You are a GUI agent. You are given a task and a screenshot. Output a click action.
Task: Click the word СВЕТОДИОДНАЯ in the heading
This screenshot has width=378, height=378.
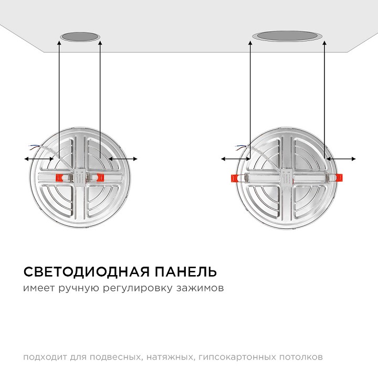[86, 272]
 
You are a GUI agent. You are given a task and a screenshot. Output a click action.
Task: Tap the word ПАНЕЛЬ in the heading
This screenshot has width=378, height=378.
[186, 272]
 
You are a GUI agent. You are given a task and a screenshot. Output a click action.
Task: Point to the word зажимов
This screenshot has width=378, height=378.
[200, 288]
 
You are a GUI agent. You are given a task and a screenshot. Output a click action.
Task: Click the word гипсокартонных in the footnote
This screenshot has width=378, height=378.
[237, 358]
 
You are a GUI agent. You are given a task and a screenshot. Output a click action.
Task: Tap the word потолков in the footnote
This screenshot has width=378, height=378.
[301, 357]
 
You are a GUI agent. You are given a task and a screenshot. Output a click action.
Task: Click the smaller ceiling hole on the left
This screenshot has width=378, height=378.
[80, 37]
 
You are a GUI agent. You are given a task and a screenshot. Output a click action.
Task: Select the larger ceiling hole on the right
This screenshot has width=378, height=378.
[287, 36]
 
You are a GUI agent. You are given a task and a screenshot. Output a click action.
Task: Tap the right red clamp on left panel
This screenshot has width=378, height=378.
[100, 177]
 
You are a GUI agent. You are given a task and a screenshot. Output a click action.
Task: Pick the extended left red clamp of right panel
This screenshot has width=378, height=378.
[235, 178]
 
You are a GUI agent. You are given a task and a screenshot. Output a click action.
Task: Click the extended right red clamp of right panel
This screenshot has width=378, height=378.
[339, 178]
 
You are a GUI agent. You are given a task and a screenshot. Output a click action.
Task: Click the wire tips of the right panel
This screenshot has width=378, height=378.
[239, 147]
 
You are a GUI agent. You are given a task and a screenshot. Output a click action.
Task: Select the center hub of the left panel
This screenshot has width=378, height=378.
[80, 177]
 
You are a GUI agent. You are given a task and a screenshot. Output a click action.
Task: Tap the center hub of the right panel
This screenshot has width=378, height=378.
[287, 177]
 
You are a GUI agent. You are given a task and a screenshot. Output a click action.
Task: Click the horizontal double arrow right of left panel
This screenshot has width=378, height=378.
[123, 159]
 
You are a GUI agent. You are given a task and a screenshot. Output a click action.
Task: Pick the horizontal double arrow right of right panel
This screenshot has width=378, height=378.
[340, 159]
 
